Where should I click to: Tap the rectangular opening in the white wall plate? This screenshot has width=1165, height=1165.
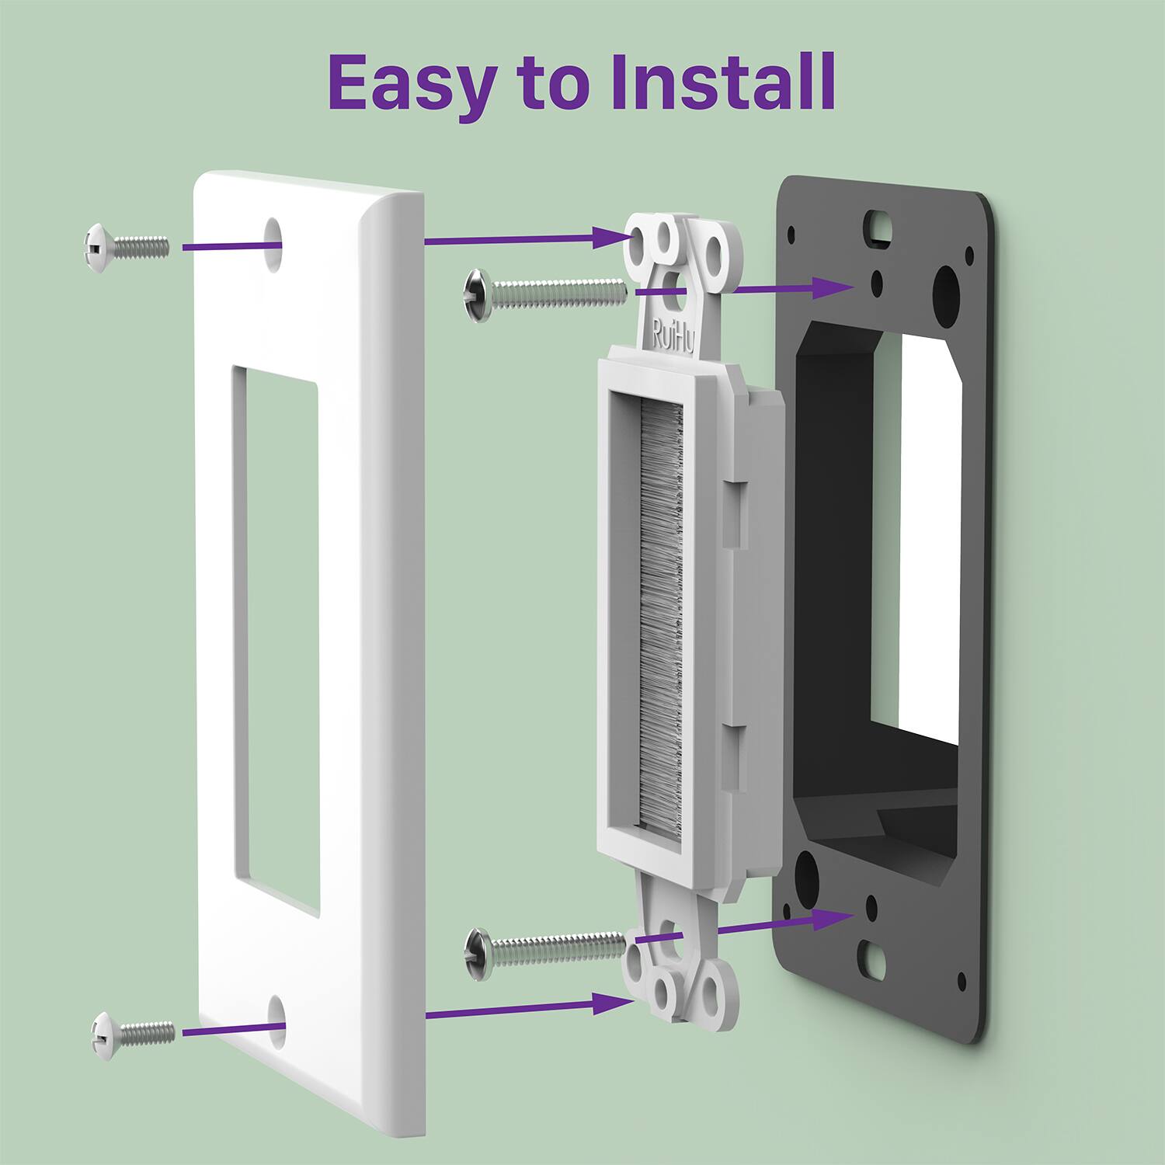coord(275,637)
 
